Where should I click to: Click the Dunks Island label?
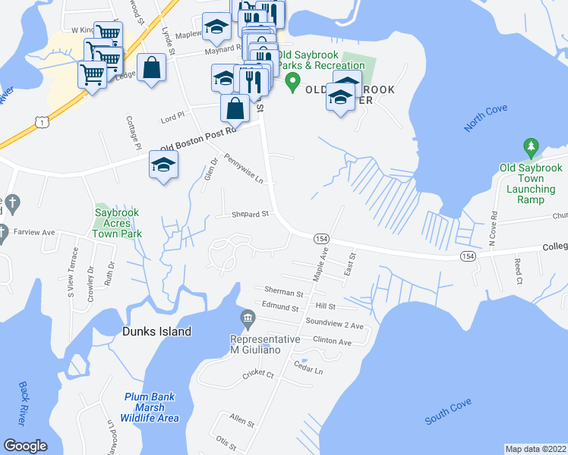pyautogui.click(x=157, y=331)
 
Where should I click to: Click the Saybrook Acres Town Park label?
pyautogui.click(x=118, y=224)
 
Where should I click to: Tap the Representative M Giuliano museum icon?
pyautogui.click(x=248, y=318)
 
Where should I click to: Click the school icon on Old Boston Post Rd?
pyautogui.click(x=163, y=165)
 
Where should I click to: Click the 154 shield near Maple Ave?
pyautogui.click(x=320, y=238)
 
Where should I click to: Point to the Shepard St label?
pyautogui.click(x=251, y=215)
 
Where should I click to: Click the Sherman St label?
pyautogui.click(x=283, y=291)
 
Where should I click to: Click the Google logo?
pyautogui.click(x=25, y=446)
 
